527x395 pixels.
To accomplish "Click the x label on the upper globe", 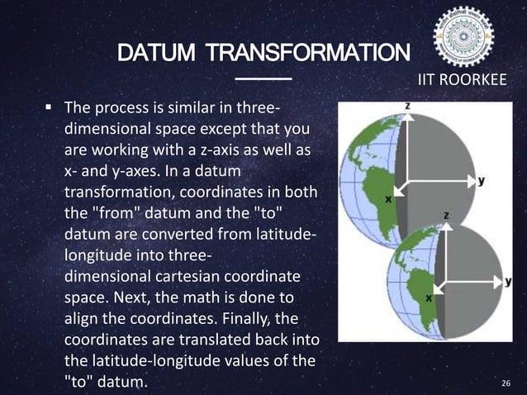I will [387, 198].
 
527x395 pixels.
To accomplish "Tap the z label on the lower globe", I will [447, 214].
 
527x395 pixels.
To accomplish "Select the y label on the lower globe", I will [509, 281].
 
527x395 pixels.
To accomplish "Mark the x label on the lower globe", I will [429, 297].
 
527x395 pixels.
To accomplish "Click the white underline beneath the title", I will [263, 79].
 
